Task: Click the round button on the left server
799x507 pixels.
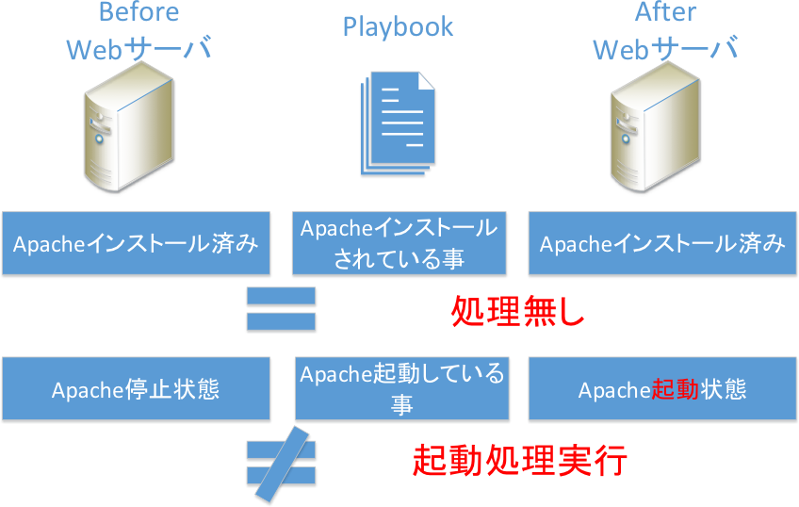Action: [x=98, y=139]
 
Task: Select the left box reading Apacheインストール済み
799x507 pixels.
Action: [x=135, y=244]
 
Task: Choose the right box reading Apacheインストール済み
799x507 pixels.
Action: [x=662, y=244]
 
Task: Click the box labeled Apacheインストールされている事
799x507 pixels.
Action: [x=399, y=244]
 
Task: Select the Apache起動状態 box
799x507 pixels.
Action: [x=662, y=389]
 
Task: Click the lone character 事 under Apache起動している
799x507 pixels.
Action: [x=402, y=404]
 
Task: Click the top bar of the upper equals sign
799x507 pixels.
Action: [x=281, y=298]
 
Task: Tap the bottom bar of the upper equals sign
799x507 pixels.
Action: [x=281, y=322]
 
